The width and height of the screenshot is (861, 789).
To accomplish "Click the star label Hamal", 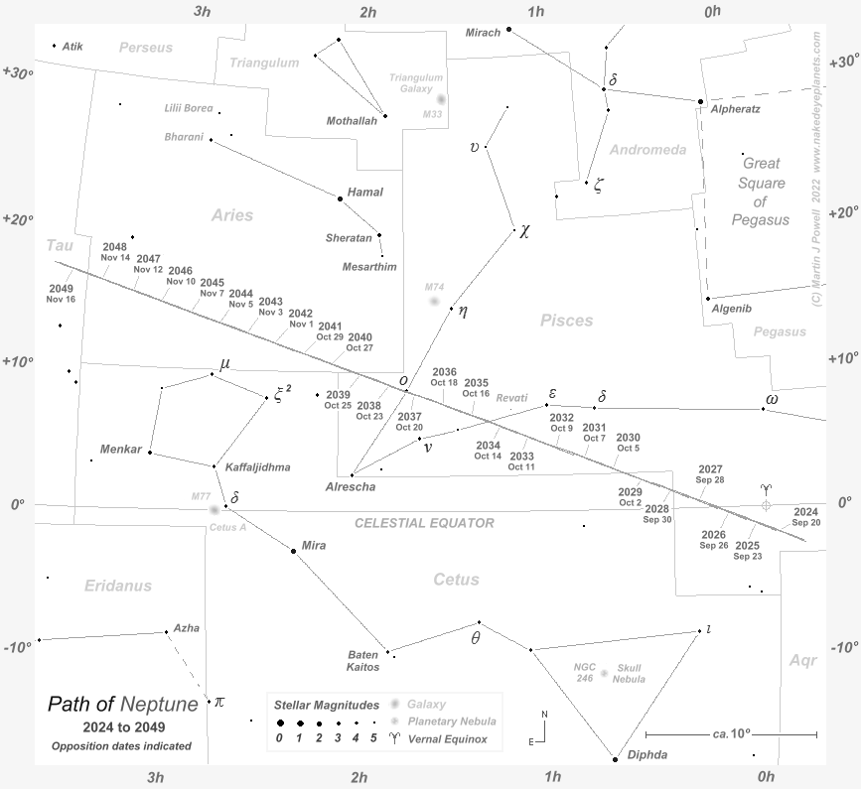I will (364, 192).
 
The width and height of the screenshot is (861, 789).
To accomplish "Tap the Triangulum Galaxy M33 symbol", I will (441, 99).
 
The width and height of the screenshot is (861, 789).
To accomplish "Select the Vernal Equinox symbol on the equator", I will (765, 505).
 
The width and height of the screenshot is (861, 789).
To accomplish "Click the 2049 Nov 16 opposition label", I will (61, 293).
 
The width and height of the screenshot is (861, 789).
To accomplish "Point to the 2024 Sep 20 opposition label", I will (806, 516).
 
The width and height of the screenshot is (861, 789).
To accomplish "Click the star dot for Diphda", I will (615, 758).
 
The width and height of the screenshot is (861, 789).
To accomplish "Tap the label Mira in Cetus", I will (314, 546).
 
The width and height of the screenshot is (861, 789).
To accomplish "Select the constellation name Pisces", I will (566, 321).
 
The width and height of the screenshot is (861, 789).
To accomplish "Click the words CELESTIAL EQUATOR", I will (424, 523).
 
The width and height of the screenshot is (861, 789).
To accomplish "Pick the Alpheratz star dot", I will (700, 101).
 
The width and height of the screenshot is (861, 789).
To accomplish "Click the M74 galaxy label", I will (434, 287).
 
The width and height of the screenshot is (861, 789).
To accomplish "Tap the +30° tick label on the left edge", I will (18, 72).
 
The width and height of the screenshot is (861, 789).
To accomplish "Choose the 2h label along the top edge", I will (367, 12).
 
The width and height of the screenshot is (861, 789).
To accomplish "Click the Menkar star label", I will (121, 450).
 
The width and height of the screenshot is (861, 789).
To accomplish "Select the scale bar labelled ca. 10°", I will (731, 734).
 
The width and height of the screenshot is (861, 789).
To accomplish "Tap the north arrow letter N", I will (543, 714).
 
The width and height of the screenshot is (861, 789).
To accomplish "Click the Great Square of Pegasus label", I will (763, 191).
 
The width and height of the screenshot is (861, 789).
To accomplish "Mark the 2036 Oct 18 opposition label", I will (444, 377).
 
